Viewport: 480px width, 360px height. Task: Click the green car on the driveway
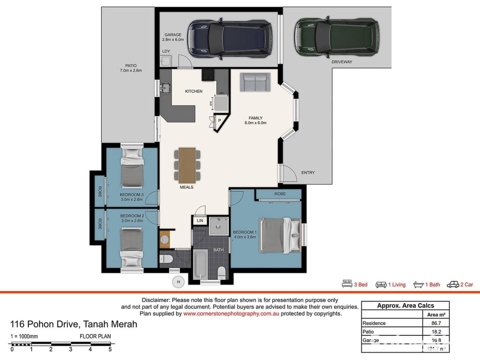(x=336, y=37)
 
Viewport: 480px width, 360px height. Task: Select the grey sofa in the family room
(x=255, y=82)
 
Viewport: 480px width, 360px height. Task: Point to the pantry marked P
(x=219, y=120)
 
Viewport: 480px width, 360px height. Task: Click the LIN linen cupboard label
(x=200, y=220)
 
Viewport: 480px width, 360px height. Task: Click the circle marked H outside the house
(x=178, y=282)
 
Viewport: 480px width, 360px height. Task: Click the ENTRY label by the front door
(x=308, y=173)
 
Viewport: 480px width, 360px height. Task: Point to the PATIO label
(x=130, y=66)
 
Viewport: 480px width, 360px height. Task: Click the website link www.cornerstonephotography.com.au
(x=231, y=314)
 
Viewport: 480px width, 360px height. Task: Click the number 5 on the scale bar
(x=110, y=349)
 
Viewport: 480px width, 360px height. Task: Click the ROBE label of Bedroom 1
(x=280, y=194)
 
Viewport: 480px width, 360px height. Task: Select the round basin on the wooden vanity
(x=164, y=239)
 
